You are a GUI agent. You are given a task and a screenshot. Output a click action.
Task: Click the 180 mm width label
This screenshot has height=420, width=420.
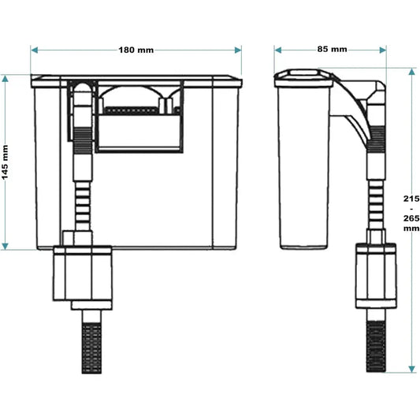[136, 50]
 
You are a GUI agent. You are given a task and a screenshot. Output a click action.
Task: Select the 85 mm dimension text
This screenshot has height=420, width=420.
[332, 49]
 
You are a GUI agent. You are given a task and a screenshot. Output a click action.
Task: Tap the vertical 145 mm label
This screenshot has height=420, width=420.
[6, 162]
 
